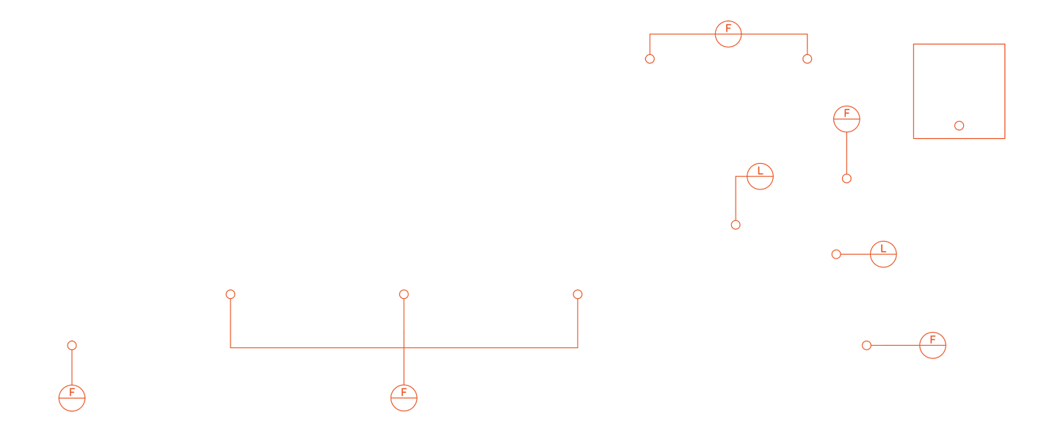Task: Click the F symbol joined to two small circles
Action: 728,34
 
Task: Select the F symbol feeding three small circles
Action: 404,398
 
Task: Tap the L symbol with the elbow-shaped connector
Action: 761,176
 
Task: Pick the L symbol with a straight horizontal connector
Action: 883,254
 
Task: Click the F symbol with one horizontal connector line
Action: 933,345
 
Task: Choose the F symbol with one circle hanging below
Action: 846,119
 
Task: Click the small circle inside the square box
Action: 960,126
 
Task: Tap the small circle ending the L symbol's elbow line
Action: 736,225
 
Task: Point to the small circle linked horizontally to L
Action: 836,254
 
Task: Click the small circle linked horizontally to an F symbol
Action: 867,345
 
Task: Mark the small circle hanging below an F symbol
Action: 846,178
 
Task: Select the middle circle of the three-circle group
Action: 404,294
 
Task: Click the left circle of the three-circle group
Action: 231,294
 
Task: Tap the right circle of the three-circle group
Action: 578,294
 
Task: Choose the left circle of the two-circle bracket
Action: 650,59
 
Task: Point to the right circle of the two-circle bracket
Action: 808,59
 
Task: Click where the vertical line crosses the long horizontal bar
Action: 404,347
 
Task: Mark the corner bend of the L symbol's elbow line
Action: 736,176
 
